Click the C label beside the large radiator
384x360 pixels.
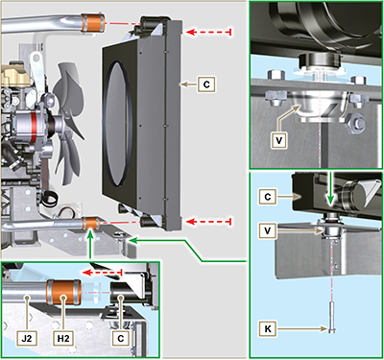[206, 84]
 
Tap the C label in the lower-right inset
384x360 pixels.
[269, 196]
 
